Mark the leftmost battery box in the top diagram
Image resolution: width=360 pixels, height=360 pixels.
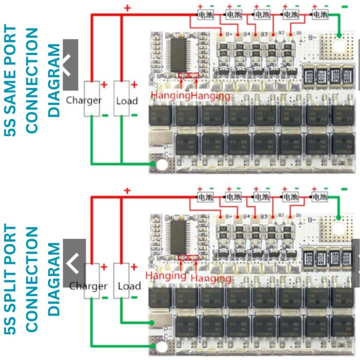204,15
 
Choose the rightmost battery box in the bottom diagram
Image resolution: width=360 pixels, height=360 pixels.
320,197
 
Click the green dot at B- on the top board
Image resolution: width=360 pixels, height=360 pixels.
339,35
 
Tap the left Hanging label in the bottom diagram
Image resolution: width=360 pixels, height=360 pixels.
165,276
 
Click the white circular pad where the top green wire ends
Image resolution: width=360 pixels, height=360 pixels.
163,165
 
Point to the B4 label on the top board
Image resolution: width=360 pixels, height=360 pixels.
247,34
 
